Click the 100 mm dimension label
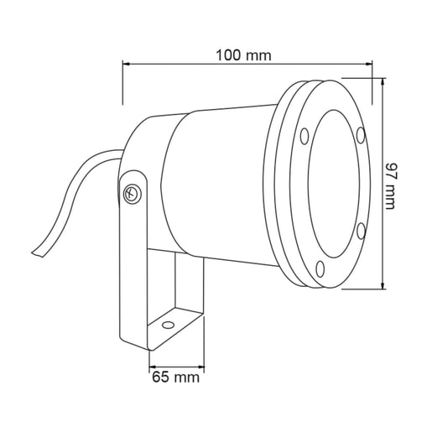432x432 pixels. (243, 55)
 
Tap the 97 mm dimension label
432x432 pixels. (390, 185)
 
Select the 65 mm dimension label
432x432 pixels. (175, 377)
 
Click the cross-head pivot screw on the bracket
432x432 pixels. (132, 194)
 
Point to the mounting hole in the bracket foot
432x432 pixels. (168, 325)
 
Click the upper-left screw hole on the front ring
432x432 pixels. (304, 137)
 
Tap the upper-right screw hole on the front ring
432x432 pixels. (361, 135)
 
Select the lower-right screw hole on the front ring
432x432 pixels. (361, 231)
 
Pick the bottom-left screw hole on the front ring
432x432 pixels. (320, 268)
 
